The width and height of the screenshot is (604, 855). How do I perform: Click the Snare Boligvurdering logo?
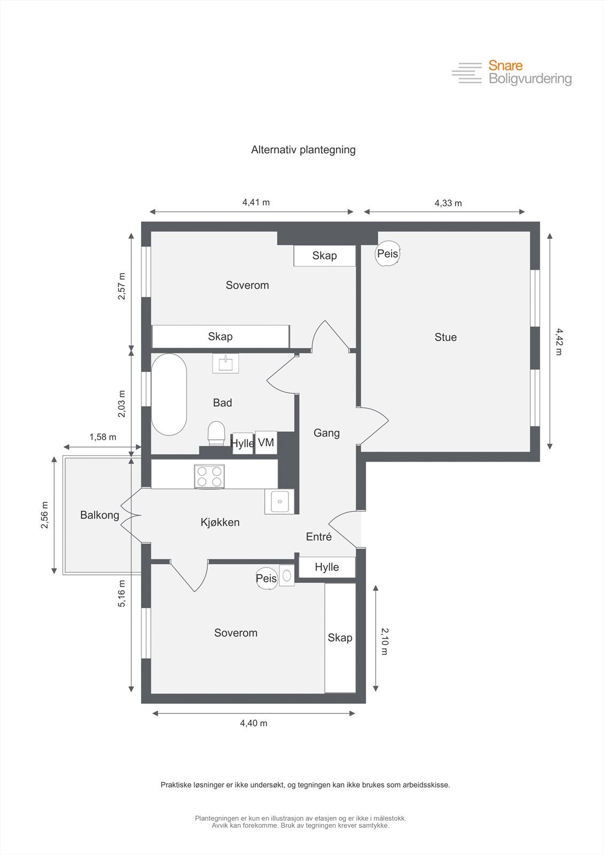coord(512,72)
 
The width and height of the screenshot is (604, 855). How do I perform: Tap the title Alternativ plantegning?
coord(303,150)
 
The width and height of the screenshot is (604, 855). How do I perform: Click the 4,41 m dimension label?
coord(256,203)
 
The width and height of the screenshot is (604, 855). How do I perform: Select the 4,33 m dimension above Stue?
coord(448,203)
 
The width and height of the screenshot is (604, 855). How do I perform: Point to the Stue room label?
coord(445,337)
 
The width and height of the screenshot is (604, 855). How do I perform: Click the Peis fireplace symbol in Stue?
coord(388,254)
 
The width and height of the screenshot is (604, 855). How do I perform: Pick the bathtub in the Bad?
coord(169,394)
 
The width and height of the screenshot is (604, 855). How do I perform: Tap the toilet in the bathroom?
coord(216,433)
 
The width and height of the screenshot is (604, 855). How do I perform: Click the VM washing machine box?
coord(266,442)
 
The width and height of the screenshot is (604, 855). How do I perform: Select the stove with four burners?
coord(209,476)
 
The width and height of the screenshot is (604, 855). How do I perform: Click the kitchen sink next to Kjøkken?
coord(279,502)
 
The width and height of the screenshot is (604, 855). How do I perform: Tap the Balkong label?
coord(99,515)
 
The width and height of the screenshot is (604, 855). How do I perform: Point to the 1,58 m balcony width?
coord(103,437)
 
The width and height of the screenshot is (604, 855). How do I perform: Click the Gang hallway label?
coord(326,433)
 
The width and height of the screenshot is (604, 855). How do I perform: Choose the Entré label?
coord(319,537)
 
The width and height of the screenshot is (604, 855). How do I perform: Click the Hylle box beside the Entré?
coord(327,567)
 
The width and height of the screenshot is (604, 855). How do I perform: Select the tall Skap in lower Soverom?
coord(340,638)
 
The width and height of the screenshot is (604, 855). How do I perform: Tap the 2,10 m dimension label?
coord(385,641)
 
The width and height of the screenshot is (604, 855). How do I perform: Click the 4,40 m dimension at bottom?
coord(254,723)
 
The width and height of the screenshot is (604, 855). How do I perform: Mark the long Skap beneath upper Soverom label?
coord(220,337)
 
